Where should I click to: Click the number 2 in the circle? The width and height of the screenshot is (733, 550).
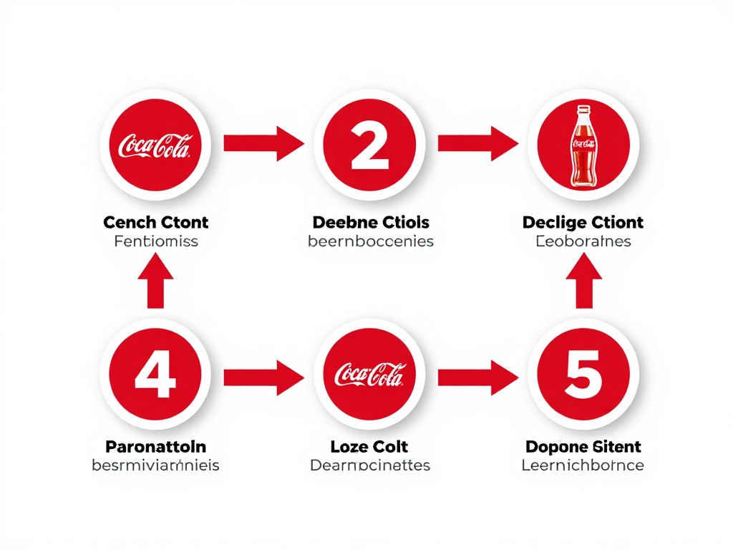click(369, 144)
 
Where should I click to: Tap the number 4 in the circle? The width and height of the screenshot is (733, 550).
click(155, 375)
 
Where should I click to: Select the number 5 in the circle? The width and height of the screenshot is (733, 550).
click(583, 375)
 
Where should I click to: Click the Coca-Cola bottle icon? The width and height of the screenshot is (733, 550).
click(583, 146)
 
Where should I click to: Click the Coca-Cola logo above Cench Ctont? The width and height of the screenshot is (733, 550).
click(155, 145)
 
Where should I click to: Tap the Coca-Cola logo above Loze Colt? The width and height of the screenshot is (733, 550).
click(369, 375)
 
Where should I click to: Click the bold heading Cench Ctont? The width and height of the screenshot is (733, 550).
click(155, 222)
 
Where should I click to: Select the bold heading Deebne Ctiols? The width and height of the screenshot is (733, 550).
click(370, 222)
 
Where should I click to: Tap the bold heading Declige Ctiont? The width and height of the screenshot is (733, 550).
click(583, 222)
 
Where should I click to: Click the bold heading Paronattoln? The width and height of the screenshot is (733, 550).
click(155, 447)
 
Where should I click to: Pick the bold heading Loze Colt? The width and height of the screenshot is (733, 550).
click(369, 447)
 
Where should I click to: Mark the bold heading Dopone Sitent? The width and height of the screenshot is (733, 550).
click(583, 447)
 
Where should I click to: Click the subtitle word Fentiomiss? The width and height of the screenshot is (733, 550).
click(155, 241)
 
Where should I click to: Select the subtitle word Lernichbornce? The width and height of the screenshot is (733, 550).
click(583, 465)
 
